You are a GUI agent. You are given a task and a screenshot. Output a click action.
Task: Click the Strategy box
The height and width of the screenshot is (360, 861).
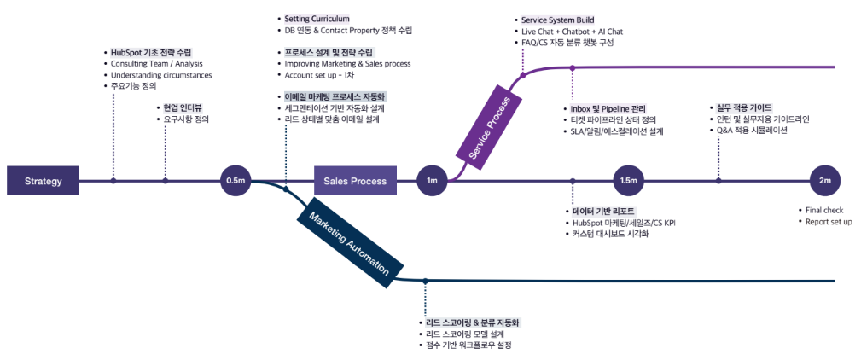pos(44,181)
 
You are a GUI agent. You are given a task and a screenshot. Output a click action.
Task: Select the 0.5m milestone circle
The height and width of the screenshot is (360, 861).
pos(236,181)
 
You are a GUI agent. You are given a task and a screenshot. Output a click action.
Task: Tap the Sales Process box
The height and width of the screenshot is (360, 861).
pos(355,181)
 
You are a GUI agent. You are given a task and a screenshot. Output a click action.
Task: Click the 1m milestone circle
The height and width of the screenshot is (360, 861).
pos(432,181)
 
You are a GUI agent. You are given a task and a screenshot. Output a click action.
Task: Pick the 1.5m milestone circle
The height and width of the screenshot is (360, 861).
pos(629,181)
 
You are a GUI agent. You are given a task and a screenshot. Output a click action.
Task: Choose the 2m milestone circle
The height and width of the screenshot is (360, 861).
pos(824,181)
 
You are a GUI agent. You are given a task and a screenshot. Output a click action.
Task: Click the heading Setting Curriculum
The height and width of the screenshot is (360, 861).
pos(317,19)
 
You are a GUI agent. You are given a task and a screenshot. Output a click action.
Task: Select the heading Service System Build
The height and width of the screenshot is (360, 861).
pos(557,20)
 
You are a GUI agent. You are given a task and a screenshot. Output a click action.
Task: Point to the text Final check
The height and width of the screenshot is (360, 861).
pos(824,210)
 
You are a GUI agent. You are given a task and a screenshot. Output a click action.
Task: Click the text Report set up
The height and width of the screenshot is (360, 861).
pos(829,222)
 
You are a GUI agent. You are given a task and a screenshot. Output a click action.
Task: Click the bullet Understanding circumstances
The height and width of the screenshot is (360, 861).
pos(161,75)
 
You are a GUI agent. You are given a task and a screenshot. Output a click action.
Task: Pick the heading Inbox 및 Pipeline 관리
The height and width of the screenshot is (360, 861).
pos(608,109)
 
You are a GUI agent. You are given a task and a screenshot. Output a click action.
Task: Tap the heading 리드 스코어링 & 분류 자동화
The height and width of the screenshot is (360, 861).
pos(472,323)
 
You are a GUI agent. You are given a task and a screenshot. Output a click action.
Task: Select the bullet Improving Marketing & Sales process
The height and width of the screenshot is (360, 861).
pos(348,64)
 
